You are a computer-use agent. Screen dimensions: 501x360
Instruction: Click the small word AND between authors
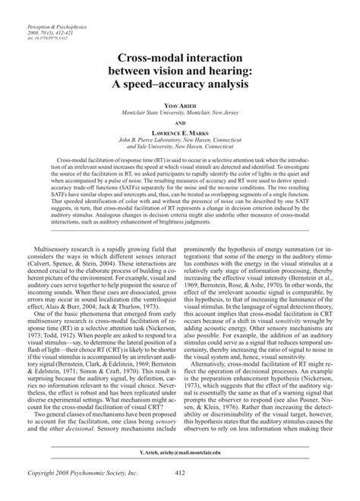(180, 122)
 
